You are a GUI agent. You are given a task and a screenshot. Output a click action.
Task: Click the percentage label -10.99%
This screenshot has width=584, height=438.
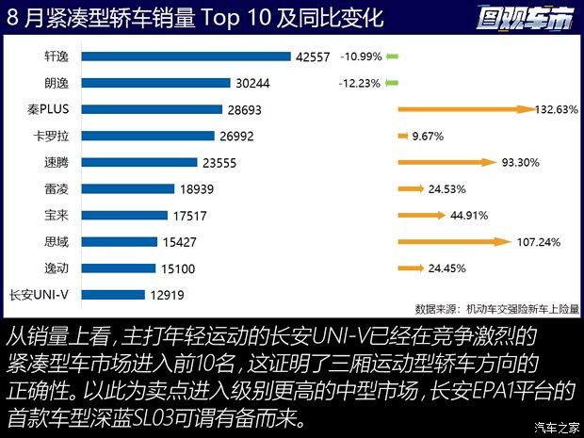tap(361, 57)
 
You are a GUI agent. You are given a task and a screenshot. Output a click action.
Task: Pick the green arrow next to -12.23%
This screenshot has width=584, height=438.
tap(393, 83)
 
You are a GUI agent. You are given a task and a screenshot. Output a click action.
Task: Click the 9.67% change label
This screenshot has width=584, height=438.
tap(428, 137)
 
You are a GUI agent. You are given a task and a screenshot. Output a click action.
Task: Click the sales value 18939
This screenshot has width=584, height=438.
tap(199, 188)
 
